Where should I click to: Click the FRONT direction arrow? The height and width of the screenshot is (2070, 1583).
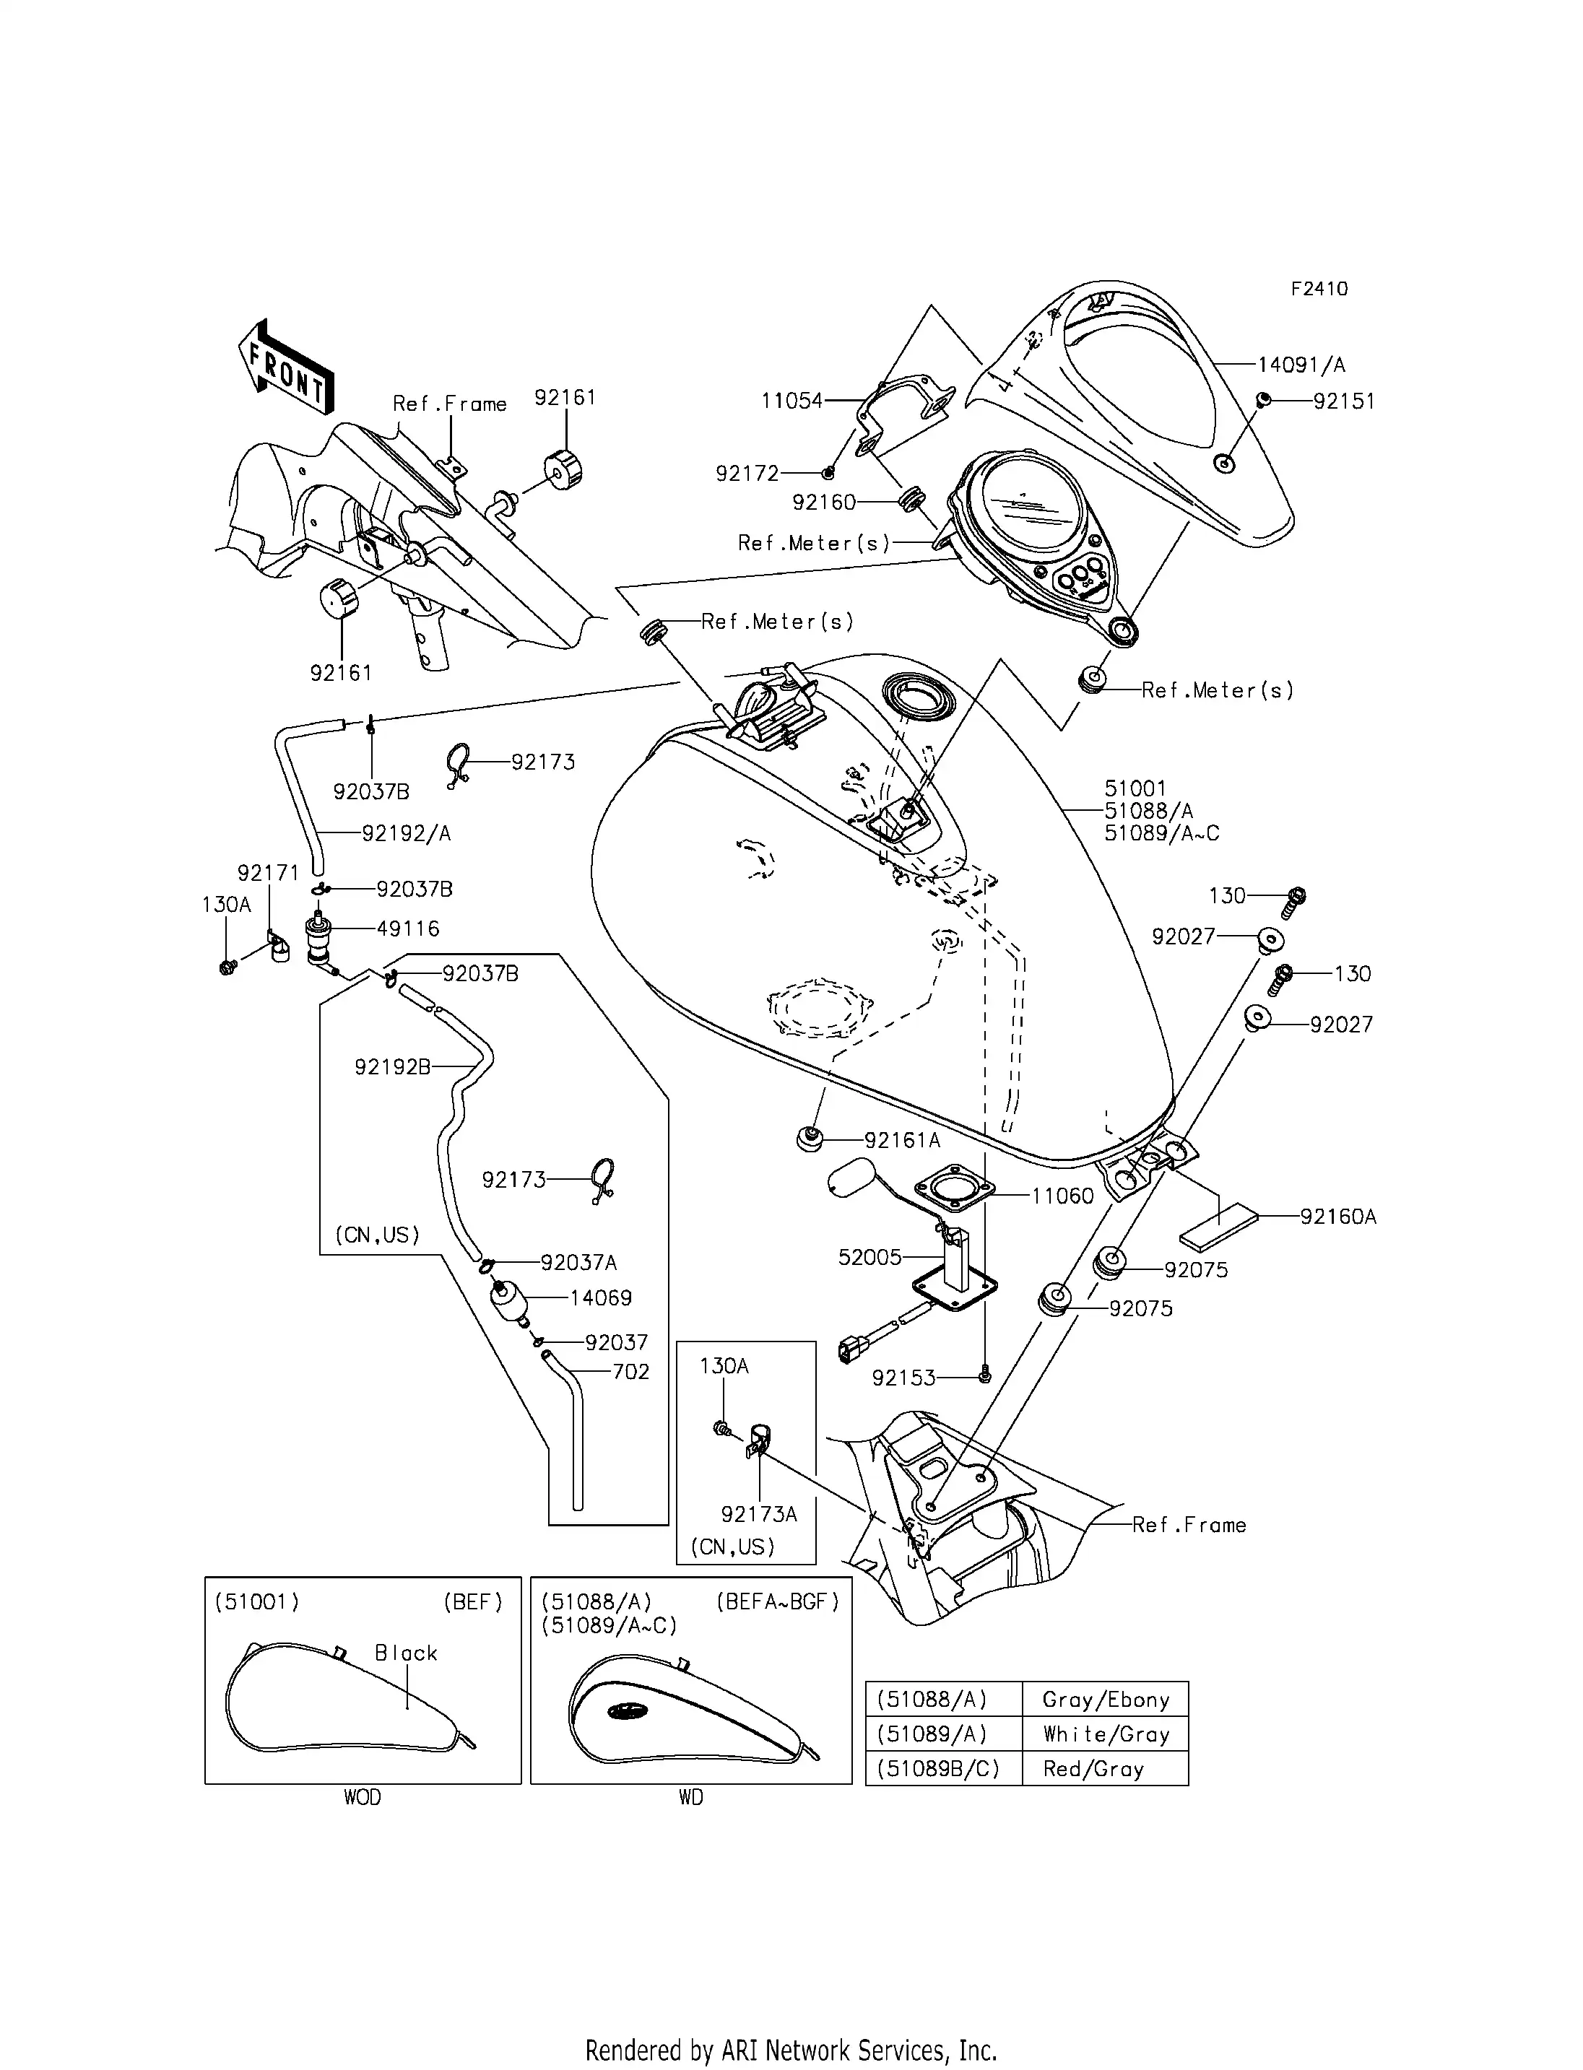click(x=285, y=368)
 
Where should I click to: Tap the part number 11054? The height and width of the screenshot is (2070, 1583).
click(x=791, y=401)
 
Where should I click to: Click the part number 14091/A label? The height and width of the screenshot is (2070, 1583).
click(x=1301, y=365)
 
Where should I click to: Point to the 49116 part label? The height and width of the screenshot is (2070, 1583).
click(x=408, y=929)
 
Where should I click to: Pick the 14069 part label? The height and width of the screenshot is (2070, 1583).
click(x=600, y=1298)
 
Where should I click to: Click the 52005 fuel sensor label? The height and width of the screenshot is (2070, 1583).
click(x=869, y=1257)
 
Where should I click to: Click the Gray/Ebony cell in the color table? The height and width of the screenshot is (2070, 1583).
click(x=1105, y=1700)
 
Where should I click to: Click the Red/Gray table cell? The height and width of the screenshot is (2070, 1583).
click(x=1093, y=1768)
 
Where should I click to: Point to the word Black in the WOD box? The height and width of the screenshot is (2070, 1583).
click(x=406, y=1653)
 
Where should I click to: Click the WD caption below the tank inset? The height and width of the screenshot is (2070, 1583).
click(x=690, y=1798)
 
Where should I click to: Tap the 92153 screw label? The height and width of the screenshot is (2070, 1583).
click(x=903, y=1378)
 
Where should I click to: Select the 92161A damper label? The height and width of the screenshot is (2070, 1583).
click(x=902, y=1141)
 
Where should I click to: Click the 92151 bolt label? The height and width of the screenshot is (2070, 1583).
click(x=1344, y=401)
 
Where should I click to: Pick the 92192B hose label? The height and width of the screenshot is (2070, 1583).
click(x=392, y=1066)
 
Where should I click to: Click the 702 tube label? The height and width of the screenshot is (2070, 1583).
click(x=630, y=1372)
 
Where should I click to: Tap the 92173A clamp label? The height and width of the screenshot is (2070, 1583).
click(x=758, y=1514)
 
